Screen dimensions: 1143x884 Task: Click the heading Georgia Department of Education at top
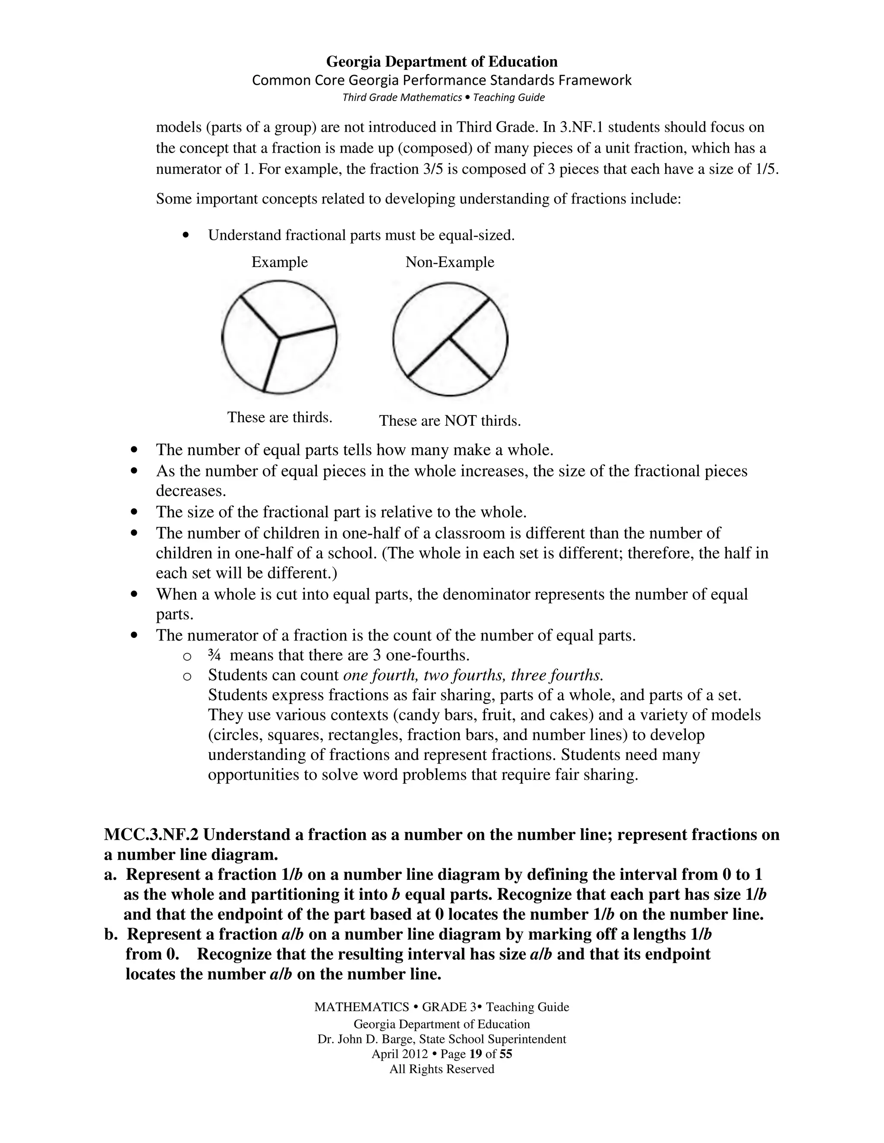pos(442,62)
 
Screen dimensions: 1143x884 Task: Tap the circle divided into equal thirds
pos(279,337)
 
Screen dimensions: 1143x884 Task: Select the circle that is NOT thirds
pos(450,339)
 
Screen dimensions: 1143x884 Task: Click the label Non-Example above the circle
pos(449,262)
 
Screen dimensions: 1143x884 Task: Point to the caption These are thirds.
pos(280,417)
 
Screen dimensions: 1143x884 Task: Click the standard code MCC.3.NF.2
pos(152,834)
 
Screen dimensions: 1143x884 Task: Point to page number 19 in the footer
pos(476,1054)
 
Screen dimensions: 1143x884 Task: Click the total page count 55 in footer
pos(505,1054)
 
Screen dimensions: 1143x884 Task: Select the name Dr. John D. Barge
pos(364,1039)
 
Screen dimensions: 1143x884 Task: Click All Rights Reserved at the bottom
pos(442,1069)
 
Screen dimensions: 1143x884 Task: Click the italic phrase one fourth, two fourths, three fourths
pos(473,675)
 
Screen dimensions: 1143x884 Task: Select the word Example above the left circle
pos(280,262)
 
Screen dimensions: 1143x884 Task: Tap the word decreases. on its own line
pos(191,491)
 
